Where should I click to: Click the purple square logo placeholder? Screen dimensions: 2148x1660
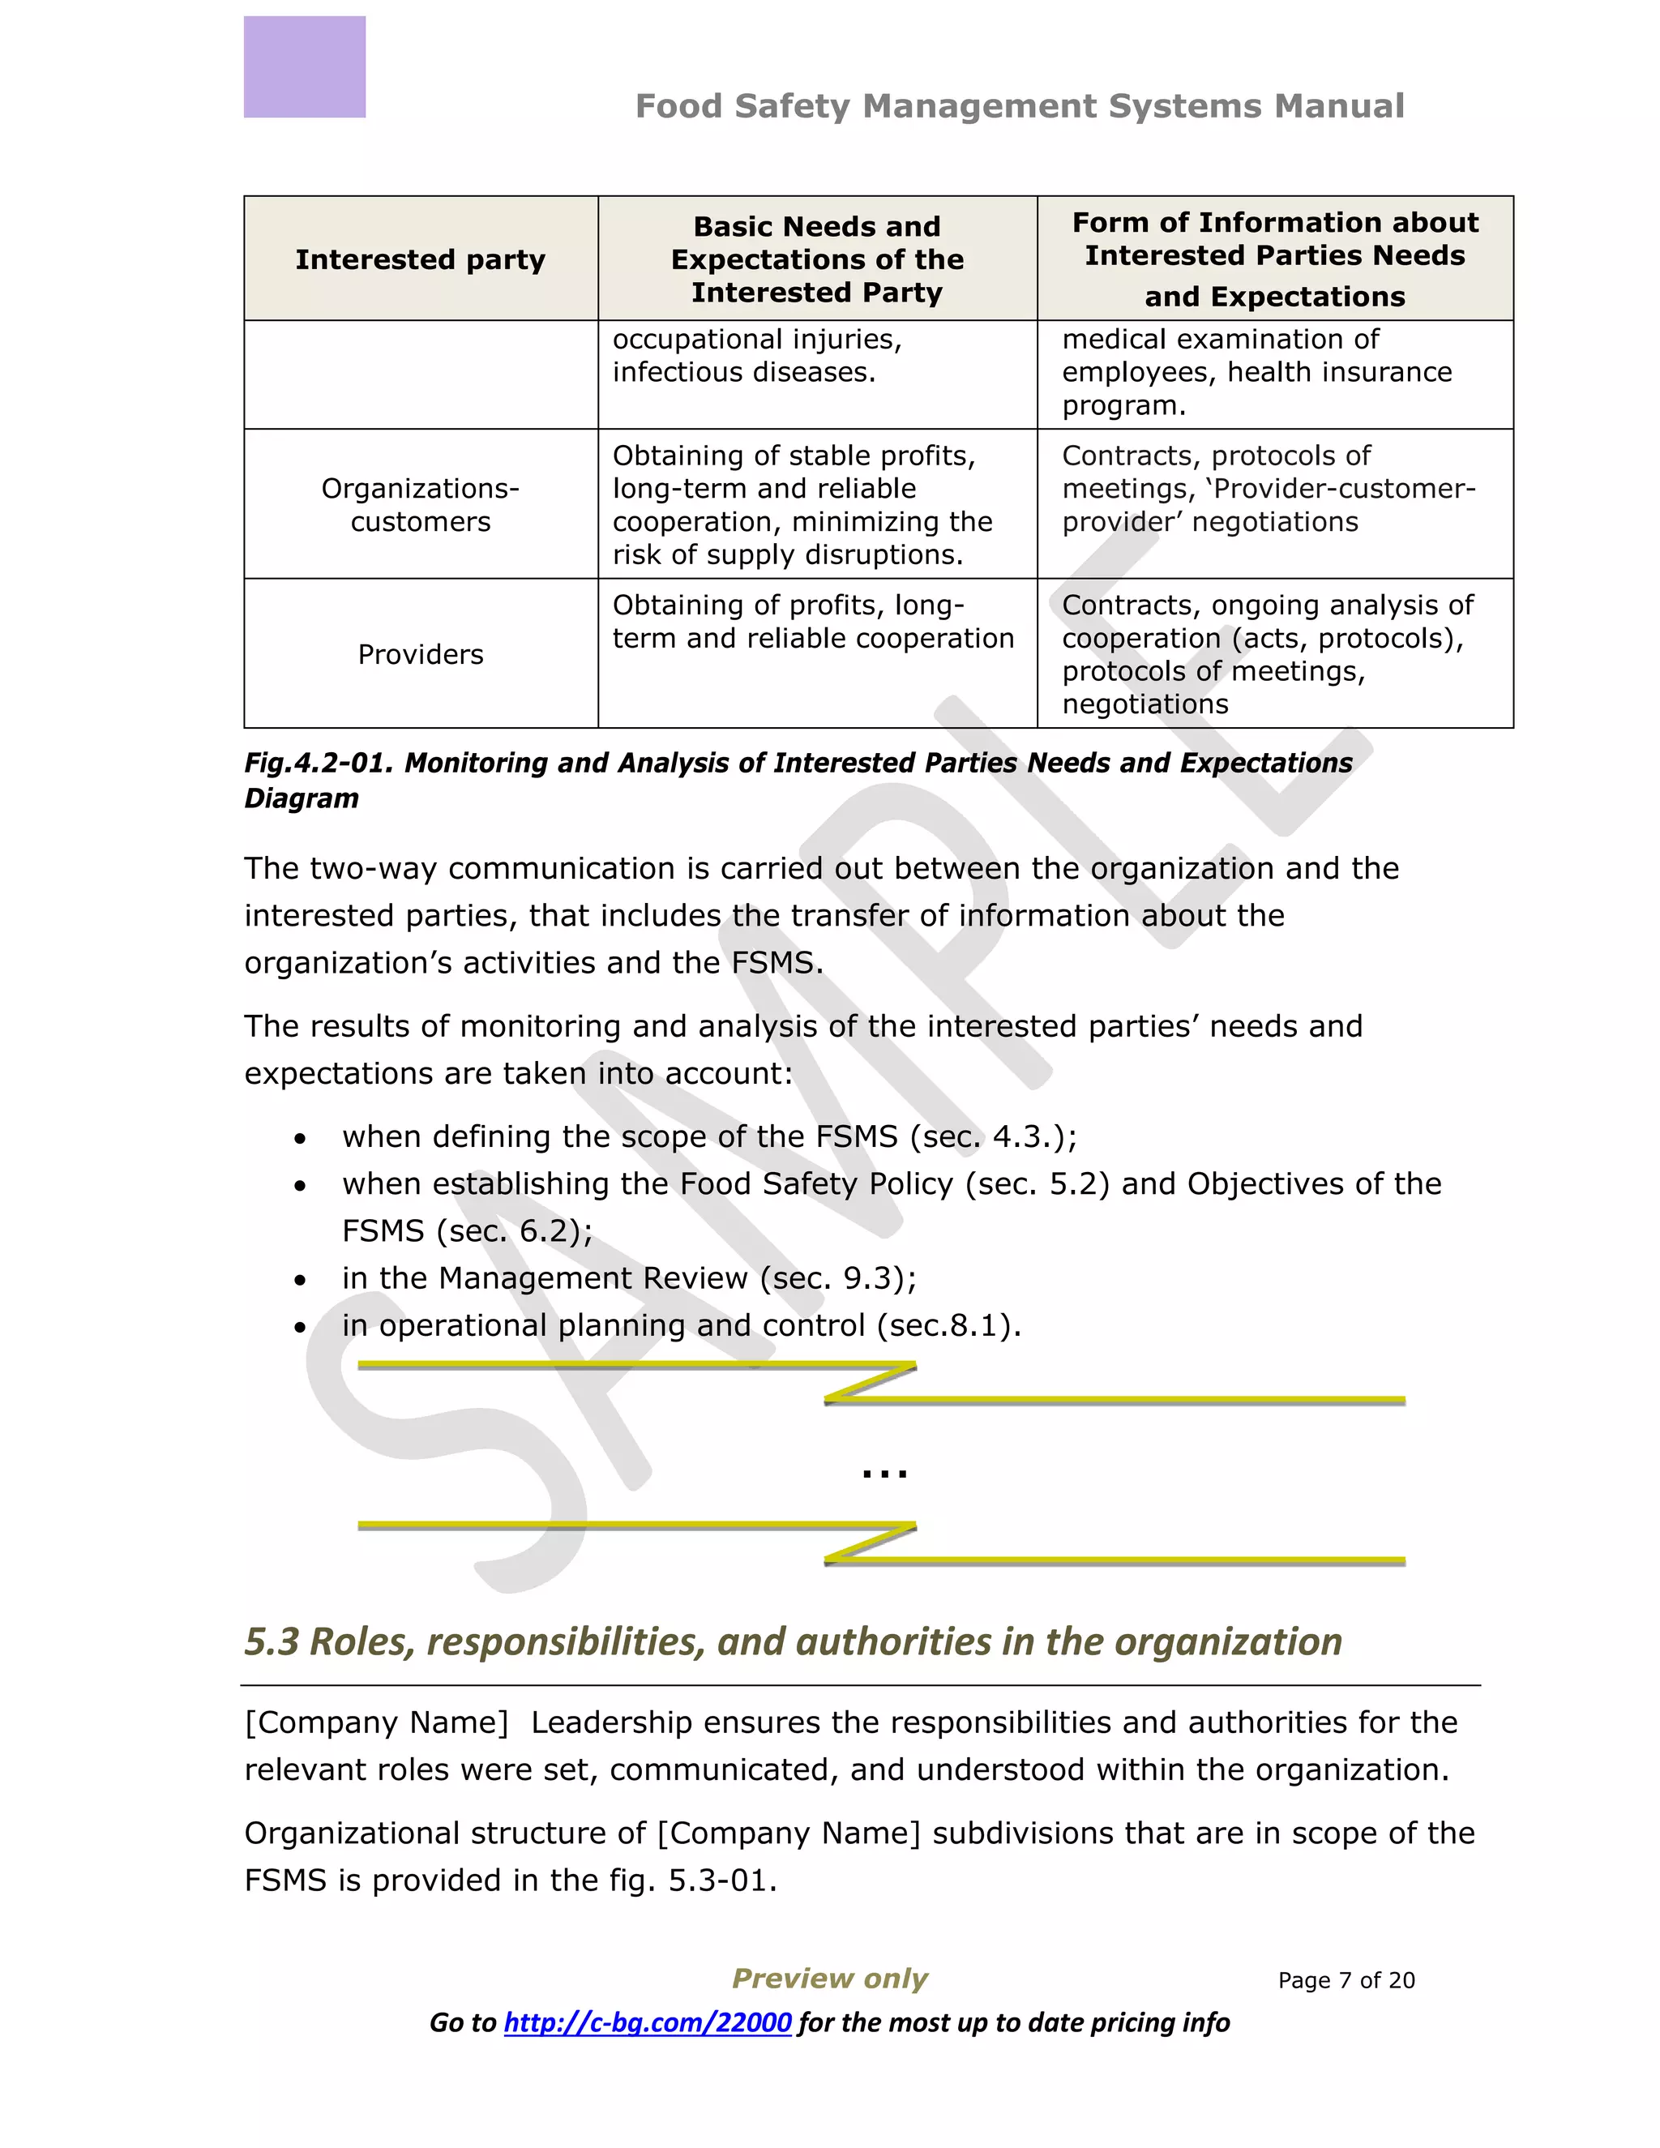304,67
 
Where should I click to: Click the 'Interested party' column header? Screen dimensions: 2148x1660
420,259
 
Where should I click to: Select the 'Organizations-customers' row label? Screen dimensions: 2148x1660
420,504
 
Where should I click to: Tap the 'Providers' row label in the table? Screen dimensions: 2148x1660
420,654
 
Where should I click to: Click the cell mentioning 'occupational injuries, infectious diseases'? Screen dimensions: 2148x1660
757,356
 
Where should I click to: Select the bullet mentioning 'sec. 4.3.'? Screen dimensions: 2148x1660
708,1137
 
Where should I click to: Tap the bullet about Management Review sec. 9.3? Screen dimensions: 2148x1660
628,1278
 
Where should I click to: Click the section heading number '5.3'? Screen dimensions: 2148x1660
272,1642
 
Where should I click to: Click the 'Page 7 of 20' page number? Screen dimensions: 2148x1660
1346,1980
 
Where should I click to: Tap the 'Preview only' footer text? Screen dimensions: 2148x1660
829,1978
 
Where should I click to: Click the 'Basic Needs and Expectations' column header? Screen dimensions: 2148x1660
816,259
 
